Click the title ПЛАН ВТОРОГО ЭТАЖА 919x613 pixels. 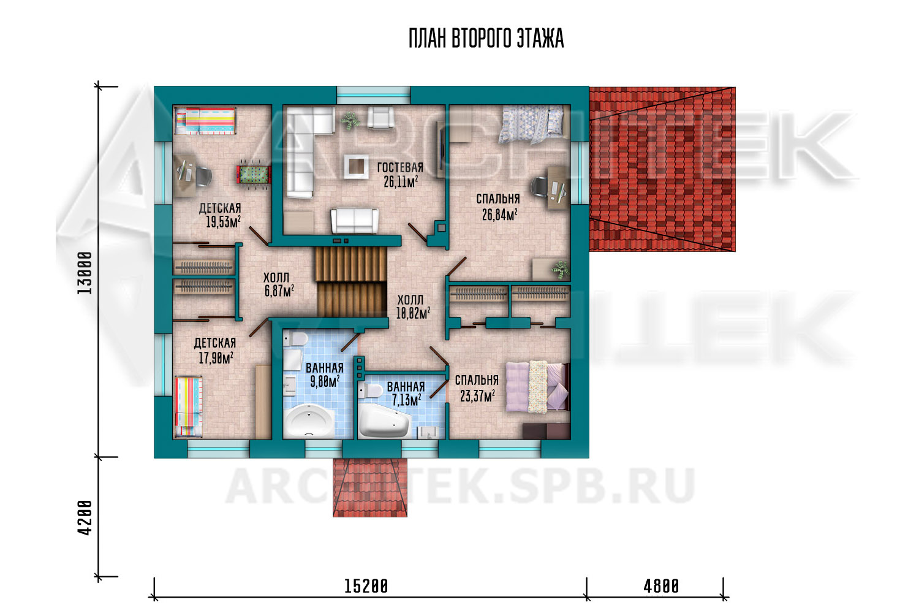(486, 39)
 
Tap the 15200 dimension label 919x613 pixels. (366, 586)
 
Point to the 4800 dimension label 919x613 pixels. (661, 586)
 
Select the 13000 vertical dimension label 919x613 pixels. (85, 273)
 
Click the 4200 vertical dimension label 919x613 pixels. (85, 517)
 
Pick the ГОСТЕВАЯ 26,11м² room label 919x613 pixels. (401, 175)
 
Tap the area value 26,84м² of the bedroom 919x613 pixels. (499, 215)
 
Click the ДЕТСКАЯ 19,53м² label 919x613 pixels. (221, 215)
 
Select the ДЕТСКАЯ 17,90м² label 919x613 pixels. (216, 350)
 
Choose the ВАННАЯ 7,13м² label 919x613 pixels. (406, 393)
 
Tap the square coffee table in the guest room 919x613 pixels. (356, 166)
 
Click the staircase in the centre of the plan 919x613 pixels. (352, 281)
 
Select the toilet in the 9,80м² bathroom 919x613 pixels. (295, 340)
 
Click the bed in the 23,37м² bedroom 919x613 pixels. (538, 386)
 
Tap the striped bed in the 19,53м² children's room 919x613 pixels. (205, 121)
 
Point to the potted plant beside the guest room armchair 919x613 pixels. (350, 121)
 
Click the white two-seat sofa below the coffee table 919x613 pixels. (355, 221)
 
